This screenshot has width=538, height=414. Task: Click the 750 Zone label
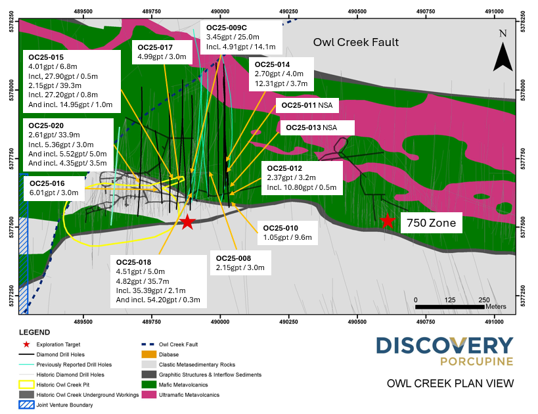(431, 223)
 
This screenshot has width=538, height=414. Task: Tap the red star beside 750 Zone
(388, 221)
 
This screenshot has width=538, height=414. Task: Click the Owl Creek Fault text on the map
(355, 43)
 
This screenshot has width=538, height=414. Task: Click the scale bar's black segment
(450, 307)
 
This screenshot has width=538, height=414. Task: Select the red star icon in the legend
(27, 344)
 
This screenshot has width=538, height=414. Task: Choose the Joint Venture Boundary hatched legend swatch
(27, 405)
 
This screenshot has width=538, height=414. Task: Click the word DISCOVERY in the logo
(445, 345)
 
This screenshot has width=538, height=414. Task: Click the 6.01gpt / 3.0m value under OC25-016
(54, 193)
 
